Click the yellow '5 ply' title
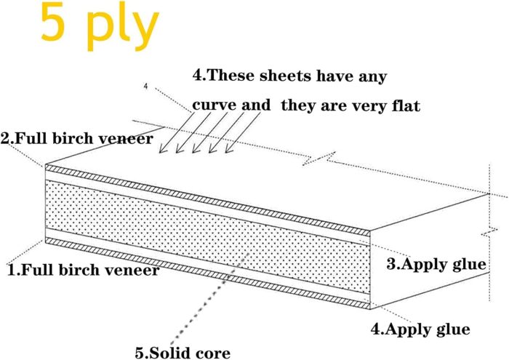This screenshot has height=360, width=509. click(x=100, y=28)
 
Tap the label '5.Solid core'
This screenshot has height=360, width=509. click(x=183, y=353)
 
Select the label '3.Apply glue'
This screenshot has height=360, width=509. click(x=436, y=264)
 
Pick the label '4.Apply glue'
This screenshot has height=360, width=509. click(x=420, y=329)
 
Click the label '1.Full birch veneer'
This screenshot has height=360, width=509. click(x=84, y=270)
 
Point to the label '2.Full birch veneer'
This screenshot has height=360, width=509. click(x=77, y=139)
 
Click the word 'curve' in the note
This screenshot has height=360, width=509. click(x=215, y=105)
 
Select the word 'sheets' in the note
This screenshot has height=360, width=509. click(x=286, y=76)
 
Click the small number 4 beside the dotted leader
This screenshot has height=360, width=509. click(x=145, y=87)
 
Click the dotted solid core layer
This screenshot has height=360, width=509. click(x=208, y=236)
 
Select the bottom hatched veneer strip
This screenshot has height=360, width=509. click(x=208, y=273)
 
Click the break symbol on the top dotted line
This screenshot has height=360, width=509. click(x=318, y=159)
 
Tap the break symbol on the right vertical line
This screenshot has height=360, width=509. click(x=489, y=233)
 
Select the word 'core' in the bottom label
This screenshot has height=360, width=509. click(x=213, y=353)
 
